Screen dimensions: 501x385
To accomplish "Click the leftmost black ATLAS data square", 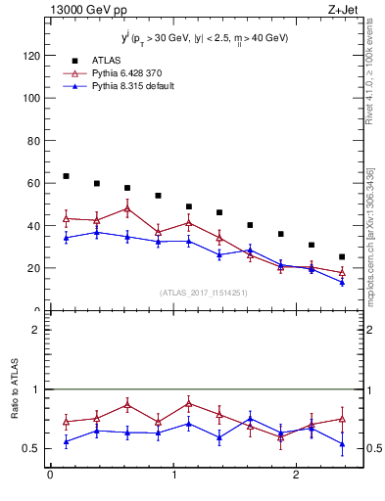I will pos(66,176).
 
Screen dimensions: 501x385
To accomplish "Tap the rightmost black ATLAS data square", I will pos(342,257).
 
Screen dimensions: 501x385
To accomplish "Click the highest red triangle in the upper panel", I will pos(127,208).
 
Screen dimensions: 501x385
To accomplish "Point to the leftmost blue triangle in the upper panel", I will pos(66,238).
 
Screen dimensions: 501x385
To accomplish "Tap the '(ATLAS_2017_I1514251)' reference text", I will pos(203,293).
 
